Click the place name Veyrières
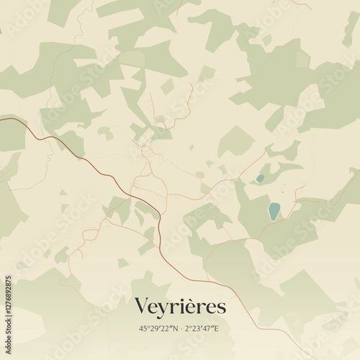coord(180,307)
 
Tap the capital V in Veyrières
coord(142,307)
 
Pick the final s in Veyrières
coord(221,309)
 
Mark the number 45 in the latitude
coord(143,328)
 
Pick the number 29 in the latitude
coord(153,328)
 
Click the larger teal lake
coord(274,211)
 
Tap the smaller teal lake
coord(260,179)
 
